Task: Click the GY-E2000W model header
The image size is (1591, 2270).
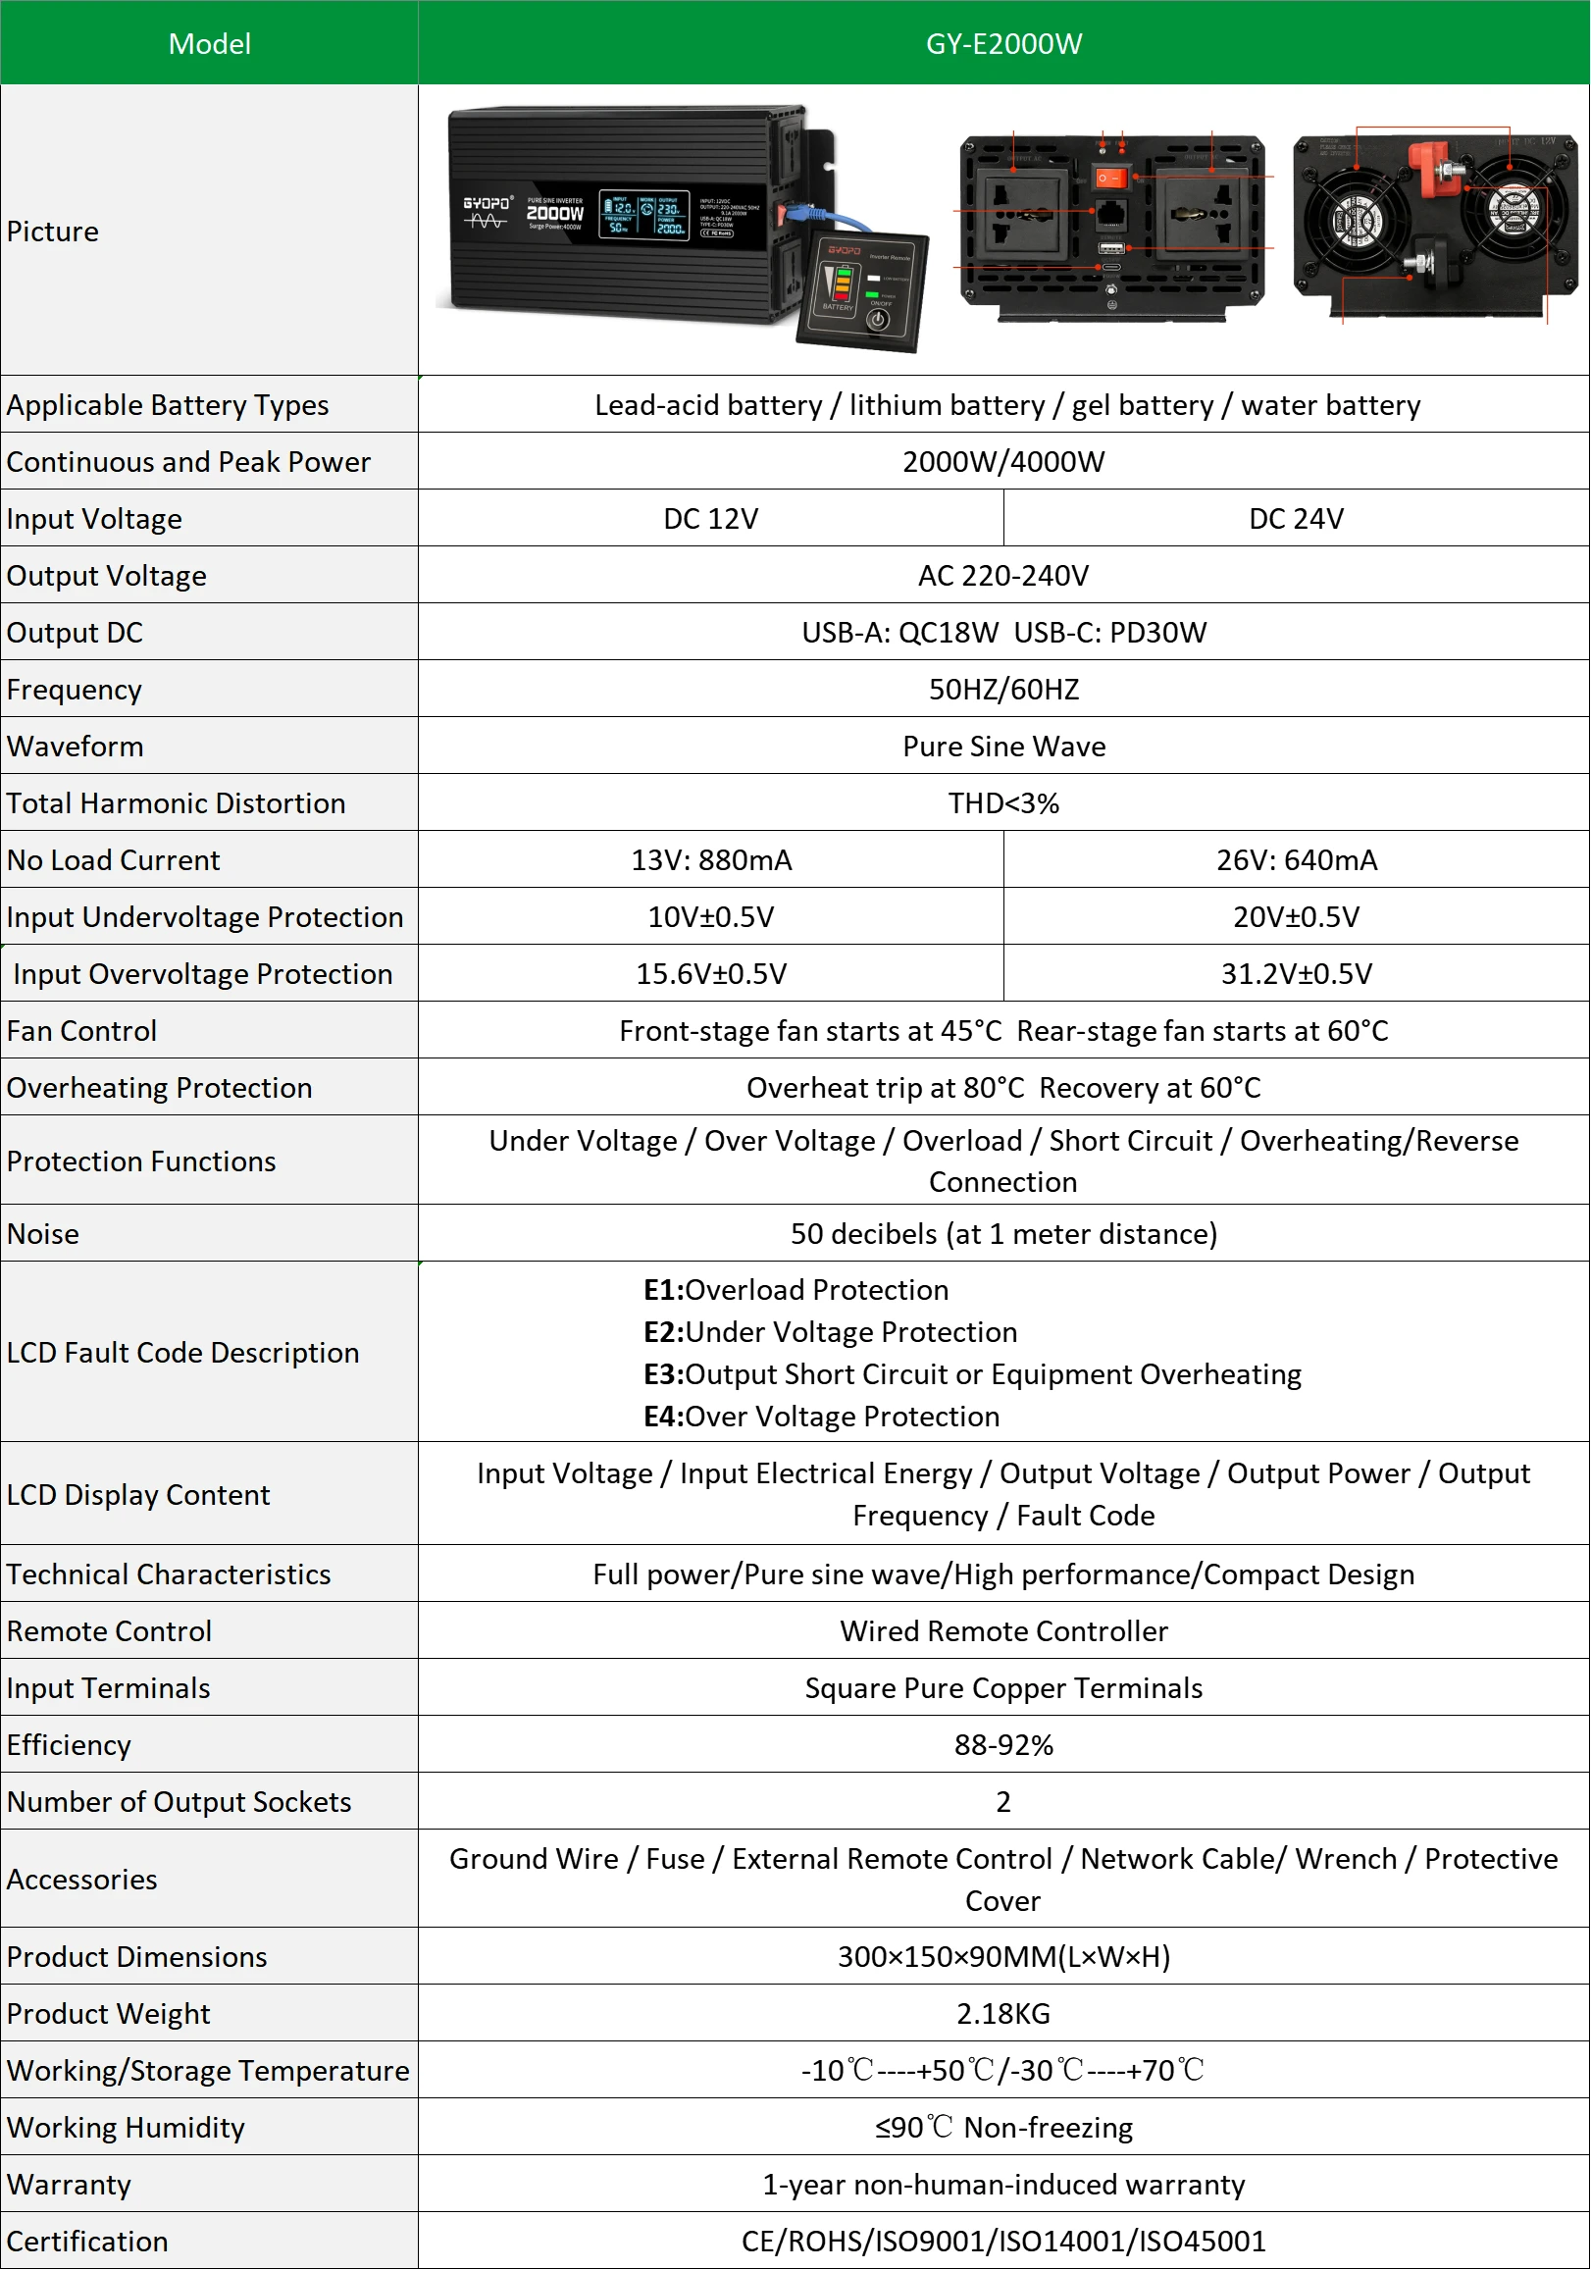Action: [x=1002, y=43]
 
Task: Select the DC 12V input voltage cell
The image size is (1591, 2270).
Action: [x=710, y=519]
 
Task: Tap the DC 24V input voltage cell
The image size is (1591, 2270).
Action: [x=1296, y=519]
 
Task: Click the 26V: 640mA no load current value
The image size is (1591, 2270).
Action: [x=1296, y=860]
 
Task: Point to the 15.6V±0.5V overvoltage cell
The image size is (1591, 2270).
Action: [x=710, y=974]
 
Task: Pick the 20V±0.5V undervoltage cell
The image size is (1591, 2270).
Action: [x=1296, y=917]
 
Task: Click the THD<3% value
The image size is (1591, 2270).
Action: [x=1002, y=802]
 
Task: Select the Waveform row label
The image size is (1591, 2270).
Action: [x=76, y=747]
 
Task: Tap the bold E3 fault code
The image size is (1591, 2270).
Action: [x=662, y=1374]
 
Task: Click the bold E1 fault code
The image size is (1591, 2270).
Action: [x=662, y=1290]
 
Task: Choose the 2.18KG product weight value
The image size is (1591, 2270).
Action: [x=1002, y=2014]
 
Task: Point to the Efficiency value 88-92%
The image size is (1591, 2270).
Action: [x=1002, y=1745]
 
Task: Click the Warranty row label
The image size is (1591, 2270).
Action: [x=69, y=2184]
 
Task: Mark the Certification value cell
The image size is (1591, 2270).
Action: [x=1002, y=2242]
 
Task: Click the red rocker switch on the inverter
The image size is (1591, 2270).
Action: [x=1111, y=178]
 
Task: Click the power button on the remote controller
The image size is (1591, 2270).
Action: [x=877, y=320]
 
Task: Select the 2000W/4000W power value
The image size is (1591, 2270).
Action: [x=1002, y=462]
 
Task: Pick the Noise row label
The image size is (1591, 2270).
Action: [x=42, y=1234]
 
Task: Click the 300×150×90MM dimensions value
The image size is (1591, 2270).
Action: [x=1002, y=1957]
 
